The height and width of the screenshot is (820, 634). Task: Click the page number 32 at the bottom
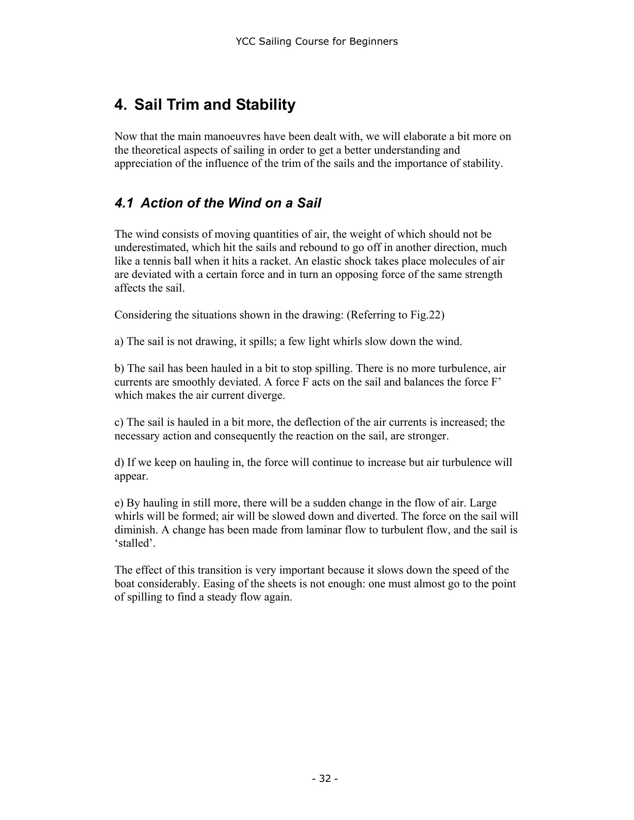pos(325,779)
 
